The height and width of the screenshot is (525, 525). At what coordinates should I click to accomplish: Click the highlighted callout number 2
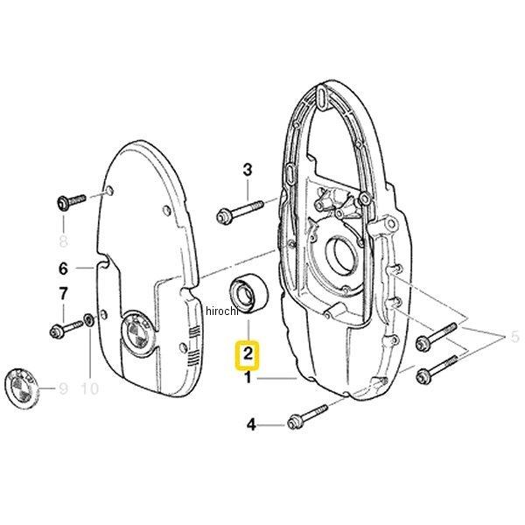coord(248,353)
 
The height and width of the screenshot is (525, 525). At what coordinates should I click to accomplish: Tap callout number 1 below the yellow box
coord(248,378)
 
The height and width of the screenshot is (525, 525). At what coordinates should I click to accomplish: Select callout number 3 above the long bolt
coord(247,170)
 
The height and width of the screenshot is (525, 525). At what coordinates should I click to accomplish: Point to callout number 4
coord(251,425)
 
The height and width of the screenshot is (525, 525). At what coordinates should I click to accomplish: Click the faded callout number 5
coord(514,337)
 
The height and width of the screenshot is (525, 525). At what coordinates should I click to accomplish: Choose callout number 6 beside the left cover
coord(63,269)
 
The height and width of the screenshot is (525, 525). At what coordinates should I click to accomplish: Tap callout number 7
coord(63,294)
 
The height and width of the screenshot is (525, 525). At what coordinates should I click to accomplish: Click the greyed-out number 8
coord(63,241)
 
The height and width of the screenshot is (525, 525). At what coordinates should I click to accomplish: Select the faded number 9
coord(63,388)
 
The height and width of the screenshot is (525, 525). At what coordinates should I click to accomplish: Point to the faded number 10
coord(90,388)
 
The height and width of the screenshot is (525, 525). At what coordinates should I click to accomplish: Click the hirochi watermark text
coord(221,311)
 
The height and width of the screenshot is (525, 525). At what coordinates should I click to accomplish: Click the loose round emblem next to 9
coord(22,388)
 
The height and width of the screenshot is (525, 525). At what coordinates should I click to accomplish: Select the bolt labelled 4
coord(308,417)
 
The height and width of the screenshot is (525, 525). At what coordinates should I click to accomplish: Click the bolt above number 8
coord(71,202)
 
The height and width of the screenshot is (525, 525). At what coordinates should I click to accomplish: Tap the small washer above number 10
coord(88,320)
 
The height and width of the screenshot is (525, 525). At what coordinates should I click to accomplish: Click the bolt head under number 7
coord(55,332)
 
